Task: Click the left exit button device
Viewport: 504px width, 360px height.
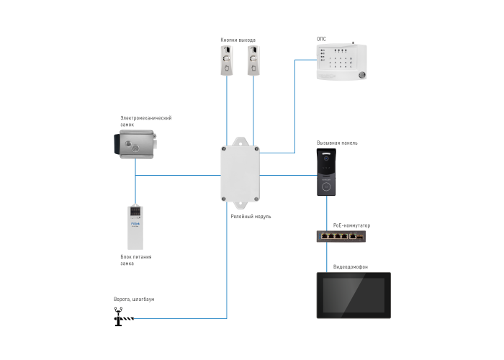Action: (227, 60)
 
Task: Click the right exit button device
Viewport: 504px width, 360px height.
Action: (252, 60)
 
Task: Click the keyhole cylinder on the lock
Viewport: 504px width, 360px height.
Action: (133, 147)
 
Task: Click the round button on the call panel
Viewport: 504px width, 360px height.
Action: (328, 185)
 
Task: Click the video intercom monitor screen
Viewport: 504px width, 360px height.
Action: (353, 294)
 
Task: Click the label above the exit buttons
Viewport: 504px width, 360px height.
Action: (238, 39)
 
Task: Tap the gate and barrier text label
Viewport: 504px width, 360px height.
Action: (133, 299)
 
